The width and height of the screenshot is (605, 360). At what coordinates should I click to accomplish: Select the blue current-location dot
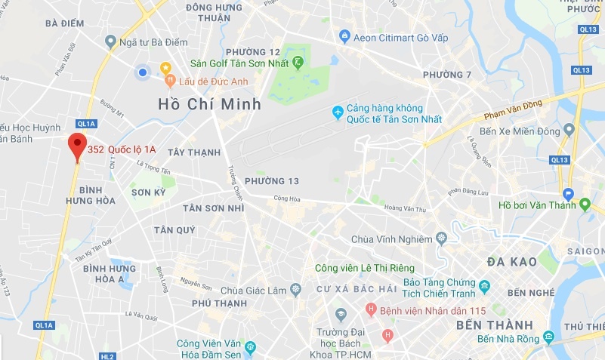142,72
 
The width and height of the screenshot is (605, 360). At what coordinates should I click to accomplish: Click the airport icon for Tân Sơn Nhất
338,113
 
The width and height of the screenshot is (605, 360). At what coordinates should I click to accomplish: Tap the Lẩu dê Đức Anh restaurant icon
170,79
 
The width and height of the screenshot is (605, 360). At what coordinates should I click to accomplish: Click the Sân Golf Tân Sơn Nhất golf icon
298,61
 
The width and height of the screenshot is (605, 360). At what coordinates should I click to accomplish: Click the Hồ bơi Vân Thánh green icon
585,204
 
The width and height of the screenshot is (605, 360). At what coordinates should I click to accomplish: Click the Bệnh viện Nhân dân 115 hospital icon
370,309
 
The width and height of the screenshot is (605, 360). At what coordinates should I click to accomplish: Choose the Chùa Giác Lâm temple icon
295,289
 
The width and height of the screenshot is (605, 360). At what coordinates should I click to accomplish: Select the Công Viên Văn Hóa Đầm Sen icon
250,348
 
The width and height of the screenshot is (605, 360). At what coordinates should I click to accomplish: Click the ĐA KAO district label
512,262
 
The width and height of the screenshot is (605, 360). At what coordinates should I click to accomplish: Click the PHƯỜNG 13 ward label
272,181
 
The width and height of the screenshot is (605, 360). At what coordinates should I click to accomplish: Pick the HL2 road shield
107,356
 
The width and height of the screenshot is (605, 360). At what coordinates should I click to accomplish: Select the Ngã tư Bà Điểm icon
111,42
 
